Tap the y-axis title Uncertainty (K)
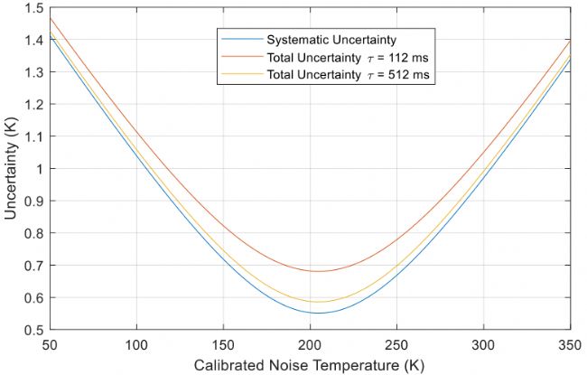[x=12, y=169]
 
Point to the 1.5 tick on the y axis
[x=34, y=8]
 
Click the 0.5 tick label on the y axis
[x=34, y=330]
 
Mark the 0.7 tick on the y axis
[x=34, y=266]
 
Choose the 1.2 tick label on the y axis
[x=34, y=105]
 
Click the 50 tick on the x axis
[x=50, y=344]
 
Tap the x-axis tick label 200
[x=310, y=344]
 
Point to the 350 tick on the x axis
[x=570, y=344]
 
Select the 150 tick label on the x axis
[x=223, y=344]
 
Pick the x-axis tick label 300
[x=483, y=344]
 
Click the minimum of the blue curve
[x=318, y=313]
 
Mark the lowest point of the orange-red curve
[x=318, y=271]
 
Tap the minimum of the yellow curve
[x=318, y=302]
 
